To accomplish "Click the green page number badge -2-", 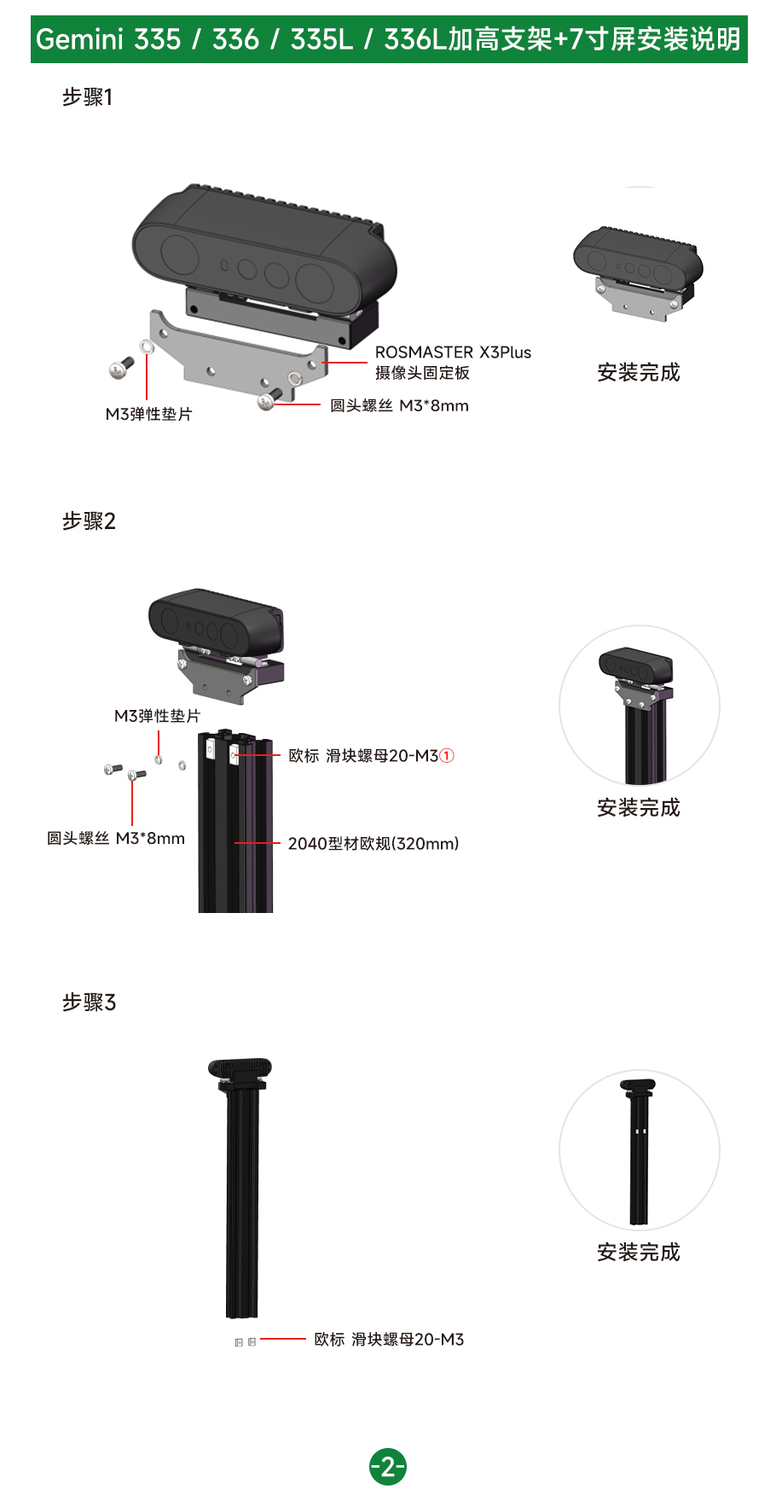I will coord(388,1467).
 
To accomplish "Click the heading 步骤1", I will coord(87,97).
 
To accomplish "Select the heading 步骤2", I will coord(89,520).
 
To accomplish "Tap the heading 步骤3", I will coord(89,1002).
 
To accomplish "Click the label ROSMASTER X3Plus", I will coord(453,352).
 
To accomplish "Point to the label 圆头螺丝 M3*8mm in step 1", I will coord(399,406).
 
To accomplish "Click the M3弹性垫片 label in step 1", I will coord(149,414).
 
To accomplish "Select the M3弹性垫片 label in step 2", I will coord(158,716).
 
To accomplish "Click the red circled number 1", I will coord(447,756).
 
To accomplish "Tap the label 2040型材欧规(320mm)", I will coord(374,844).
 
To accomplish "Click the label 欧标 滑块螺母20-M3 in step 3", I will coord(389,1340).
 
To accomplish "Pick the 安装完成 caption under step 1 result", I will coord(639,373).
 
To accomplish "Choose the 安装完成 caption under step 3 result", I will coord(639,1252).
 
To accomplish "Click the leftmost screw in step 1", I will coord(121,368).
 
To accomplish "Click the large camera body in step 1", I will coord(264,247).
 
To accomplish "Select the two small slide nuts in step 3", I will coord(246,1342).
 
